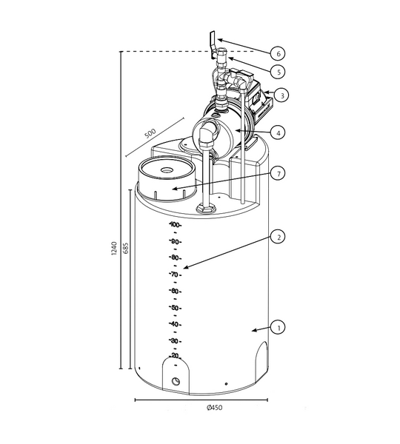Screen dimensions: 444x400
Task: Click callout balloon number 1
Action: (x=278, y=326)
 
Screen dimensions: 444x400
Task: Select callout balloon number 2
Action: (x=278, y=238)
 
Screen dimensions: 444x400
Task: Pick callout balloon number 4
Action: (x=278, y=133)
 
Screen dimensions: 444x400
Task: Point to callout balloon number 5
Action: (x=278, y=72)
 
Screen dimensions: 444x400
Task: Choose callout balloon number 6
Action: (x=278, y=54)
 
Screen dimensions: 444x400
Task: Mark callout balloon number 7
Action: (x=278, y=173)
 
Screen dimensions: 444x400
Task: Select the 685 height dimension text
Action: (x=125, y=249)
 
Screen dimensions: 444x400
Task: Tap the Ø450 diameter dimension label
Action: (x=215, y=408)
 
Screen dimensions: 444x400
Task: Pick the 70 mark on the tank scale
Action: (x=175, y=275)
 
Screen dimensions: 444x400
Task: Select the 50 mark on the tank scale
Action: (x=175, y=308)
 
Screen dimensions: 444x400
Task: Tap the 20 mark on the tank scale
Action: (x=175, y=357)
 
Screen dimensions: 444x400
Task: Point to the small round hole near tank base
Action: (x=176, y=381)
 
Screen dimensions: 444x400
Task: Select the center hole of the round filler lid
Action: (x=167, y=170)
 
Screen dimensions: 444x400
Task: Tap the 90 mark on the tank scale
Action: (x=175, y=242)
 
